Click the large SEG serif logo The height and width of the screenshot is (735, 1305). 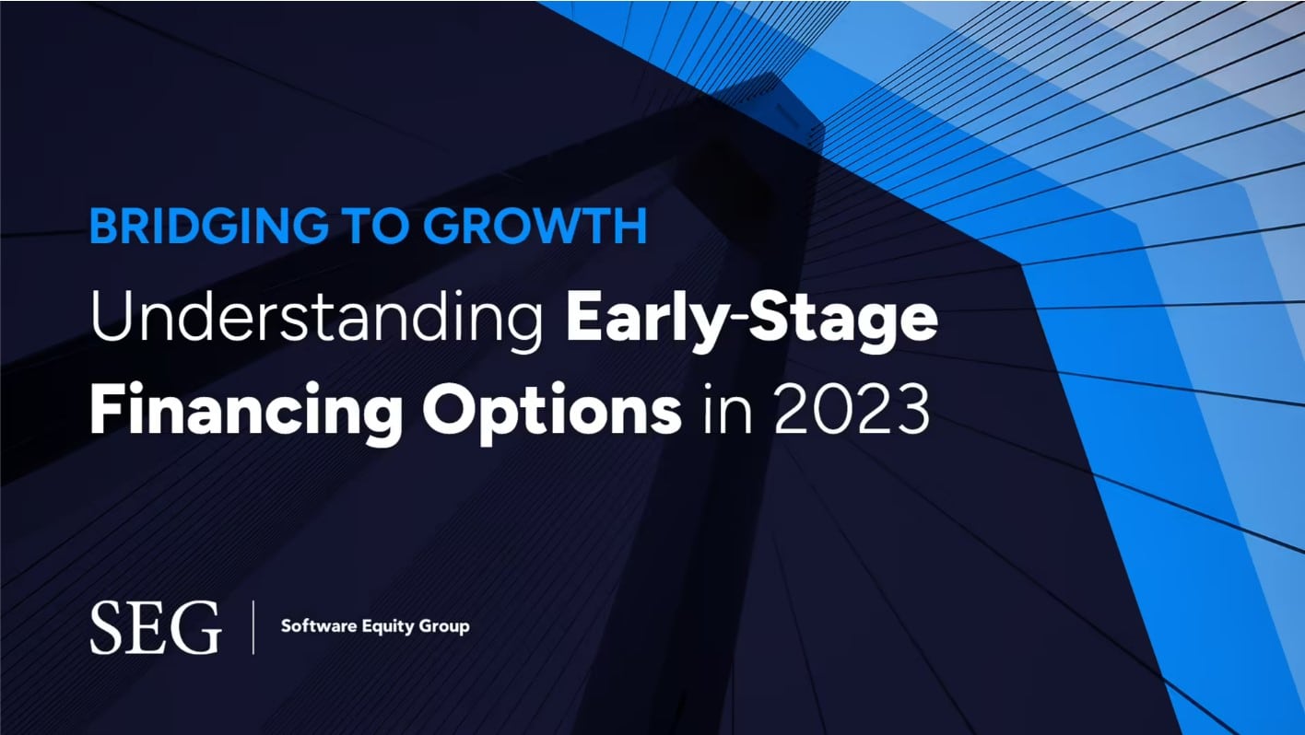(155, 627)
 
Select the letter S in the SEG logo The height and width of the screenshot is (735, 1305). (108, 627)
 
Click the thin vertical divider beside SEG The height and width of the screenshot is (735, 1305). (253, 627)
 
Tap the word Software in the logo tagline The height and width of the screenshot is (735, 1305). (313, 626)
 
